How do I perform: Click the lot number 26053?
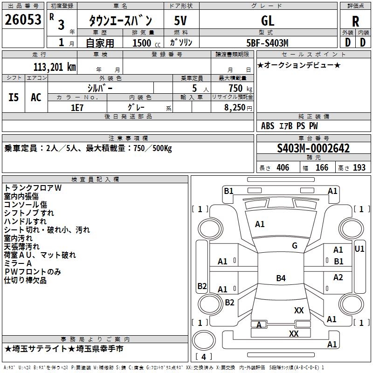tap(23, 20)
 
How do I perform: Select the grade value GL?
tap(268, 21)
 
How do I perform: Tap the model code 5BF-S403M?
tap(267, 43)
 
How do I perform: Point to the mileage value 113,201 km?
tap(55, 67)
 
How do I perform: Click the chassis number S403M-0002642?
tap(313, 148)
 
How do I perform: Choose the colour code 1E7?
tap(77, 108)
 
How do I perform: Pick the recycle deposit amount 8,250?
tap(235, 108)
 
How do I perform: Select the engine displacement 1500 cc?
tap(146, 43)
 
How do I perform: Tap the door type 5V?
tap(180, 21)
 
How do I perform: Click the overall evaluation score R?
tap(355, 21)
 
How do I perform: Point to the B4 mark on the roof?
tap(281, 278)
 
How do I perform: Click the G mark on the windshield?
tap(295, 245)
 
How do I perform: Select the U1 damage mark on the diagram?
tap(359, 249)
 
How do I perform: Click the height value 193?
tap(359, 168)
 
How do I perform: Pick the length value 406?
tap(283, 168)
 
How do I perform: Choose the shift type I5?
tap(14, 97)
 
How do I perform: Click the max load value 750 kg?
tap(240, 89)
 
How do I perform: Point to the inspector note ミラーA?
tap(18, 263)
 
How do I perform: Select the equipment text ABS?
tap(268, 126)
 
